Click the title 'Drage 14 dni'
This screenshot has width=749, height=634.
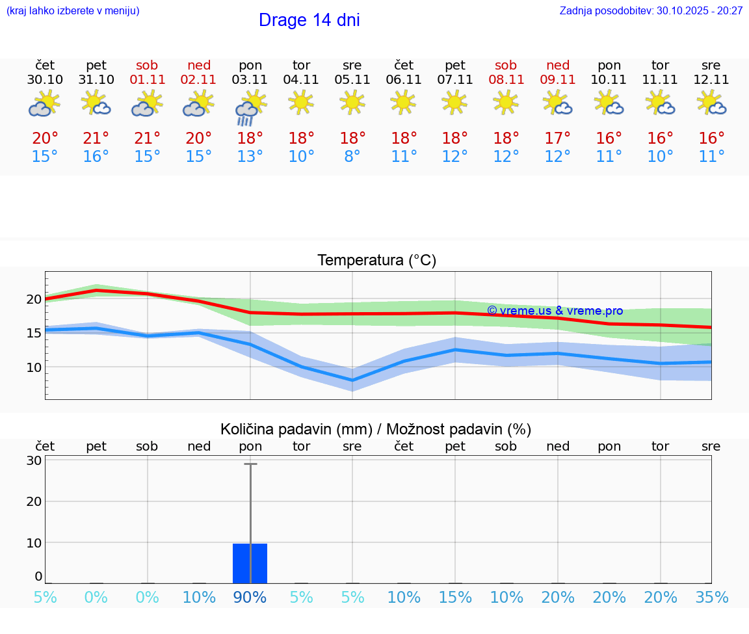[309, 20]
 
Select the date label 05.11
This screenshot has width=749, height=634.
[352, 80]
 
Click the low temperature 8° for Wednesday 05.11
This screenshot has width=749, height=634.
[352, 157]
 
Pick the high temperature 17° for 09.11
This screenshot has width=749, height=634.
[557, 139]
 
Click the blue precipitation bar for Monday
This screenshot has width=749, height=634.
[250, 563]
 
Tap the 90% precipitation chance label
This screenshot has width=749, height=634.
[250, 598]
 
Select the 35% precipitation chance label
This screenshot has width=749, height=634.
[711, 598]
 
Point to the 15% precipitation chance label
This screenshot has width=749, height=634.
[455, 598]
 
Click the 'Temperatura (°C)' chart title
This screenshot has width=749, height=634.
[376, 261]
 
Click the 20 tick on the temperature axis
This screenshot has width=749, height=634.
[34, 299]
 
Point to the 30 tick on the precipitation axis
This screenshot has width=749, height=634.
[34, 460]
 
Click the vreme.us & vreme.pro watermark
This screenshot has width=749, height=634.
[555, 311]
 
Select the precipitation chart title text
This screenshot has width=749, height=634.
[376, 429]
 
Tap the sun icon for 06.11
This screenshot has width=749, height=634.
[403, 102]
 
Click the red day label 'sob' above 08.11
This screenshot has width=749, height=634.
[506, 65]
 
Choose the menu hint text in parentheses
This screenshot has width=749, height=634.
[73, 11]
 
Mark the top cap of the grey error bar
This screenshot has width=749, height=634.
[250, 464]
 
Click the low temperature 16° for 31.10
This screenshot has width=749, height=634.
[96, 157]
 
